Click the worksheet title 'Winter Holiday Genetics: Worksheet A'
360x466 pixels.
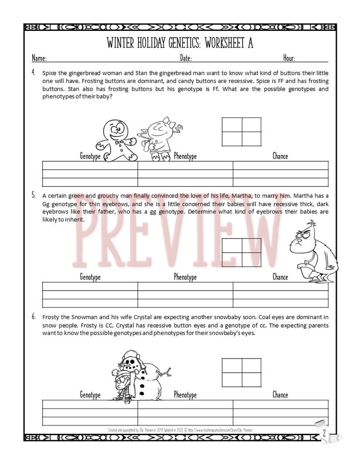(x=180, y=43)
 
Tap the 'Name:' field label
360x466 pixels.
(x=39, y=58)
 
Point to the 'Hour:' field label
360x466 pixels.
(x=289, y=58)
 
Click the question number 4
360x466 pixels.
(x=34, y=72)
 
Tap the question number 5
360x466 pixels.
(x=34, y=195)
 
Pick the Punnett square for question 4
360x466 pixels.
(x=242, y=131)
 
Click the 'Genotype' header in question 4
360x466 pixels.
(x=90, y=156)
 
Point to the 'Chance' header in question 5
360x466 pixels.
(x=280, y=277)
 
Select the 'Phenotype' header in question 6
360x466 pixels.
(x=185, y=395)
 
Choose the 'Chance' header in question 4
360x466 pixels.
(x=280, y=156)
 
